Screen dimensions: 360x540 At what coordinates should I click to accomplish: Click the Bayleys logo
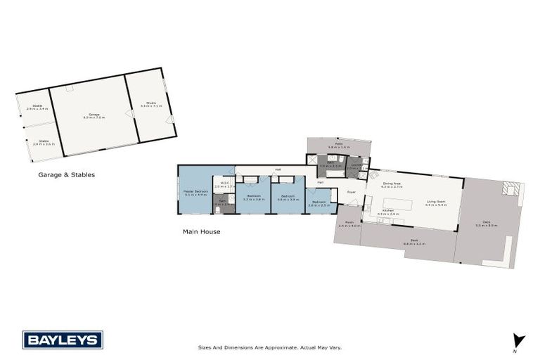pos(63,340)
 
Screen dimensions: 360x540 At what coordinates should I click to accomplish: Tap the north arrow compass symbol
pos(518,340)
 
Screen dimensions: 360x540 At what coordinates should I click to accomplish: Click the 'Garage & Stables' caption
pos(66,174)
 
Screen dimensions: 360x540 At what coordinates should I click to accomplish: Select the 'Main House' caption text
pos(202,231)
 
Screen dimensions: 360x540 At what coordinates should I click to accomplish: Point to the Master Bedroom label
pos(196,193)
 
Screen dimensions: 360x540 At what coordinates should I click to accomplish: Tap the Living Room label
pos(437,204)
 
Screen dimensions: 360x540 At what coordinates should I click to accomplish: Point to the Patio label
pos(339,146)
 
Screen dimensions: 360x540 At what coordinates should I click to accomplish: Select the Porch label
pos(349,224)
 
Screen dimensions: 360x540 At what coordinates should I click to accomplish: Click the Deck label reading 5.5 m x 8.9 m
pos(486,224)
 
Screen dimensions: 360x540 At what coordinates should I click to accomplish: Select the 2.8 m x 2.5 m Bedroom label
pos(319,203)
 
